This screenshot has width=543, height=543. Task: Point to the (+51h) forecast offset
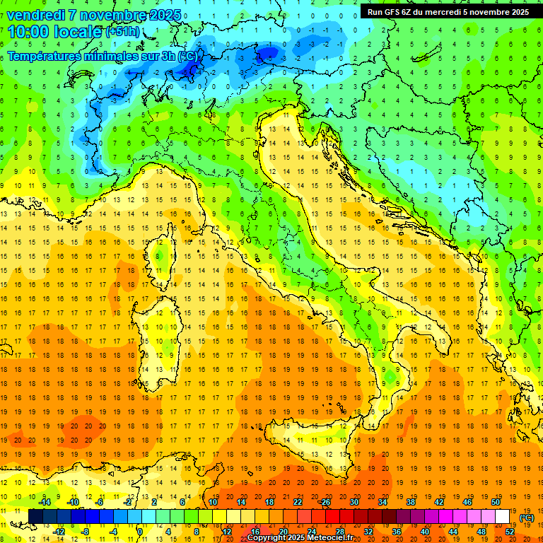122,33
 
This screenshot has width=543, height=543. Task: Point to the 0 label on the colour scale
140,531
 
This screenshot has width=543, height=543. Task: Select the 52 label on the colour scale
510,531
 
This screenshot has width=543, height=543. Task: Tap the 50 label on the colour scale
495,502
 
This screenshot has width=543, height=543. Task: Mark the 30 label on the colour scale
354,502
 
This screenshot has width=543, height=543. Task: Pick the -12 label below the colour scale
60,531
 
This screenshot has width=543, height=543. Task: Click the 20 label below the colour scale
283,531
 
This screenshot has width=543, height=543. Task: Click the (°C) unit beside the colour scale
527,518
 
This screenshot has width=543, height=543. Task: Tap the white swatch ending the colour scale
502,517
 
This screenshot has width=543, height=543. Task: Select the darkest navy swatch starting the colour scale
35,517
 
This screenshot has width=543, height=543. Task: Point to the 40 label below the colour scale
425,531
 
